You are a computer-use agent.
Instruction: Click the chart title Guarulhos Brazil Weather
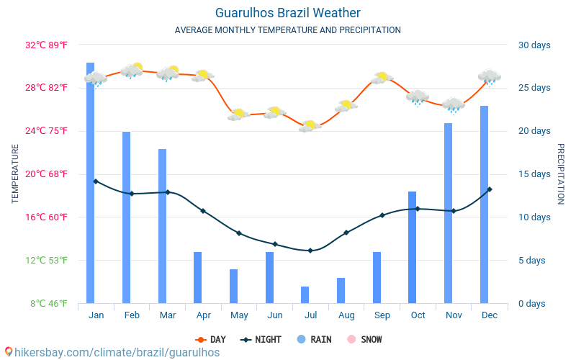point(287,13)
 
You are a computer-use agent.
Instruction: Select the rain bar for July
point(305,294)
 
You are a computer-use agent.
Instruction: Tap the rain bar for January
point(91,183)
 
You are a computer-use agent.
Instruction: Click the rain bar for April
point(197,277)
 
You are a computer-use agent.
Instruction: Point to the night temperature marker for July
point(310,251)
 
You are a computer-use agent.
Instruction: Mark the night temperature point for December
point(490,189)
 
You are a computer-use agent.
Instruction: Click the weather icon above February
point(132,70)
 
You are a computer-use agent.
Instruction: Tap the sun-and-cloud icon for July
point(310,125)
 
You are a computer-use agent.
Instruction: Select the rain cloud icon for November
point(454,105)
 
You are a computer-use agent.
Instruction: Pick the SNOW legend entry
point(365,339)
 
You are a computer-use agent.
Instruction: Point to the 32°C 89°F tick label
point(46,45)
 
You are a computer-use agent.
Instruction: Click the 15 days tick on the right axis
point(534,174)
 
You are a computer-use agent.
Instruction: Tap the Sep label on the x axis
point(382,315)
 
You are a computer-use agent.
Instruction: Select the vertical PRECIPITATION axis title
point(561,174)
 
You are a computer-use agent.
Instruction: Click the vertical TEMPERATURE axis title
point(15,174)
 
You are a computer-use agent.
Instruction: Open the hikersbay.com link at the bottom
point(112,352)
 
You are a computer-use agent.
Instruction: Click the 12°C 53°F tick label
point(46,261)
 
